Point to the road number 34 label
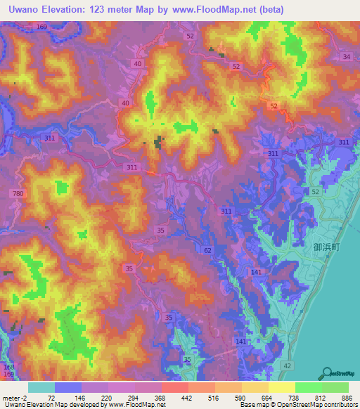346,56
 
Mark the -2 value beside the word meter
25,398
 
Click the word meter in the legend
11,398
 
